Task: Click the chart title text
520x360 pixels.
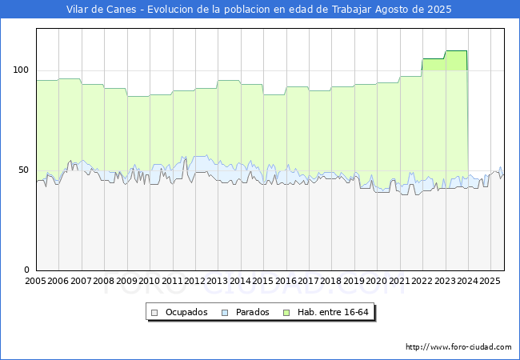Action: [259, 10]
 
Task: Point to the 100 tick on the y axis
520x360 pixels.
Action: [21, 70]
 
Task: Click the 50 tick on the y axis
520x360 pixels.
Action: [24, 170]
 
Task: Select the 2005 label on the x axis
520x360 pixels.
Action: [36, 282]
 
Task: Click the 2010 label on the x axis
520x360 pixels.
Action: [150, 282]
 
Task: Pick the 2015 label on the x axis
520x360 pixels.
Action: [263, 282]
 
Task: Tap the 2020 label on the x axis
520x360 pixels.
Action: [377, 282]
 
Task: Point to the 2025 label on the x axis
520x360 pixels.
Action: [490, 282]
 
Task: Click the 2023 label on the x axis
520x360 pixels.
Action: [445, 282]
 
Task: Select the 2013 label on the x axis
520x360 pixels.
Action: [218, 282]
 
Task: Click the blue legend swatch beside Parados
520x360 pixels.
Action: [226, 312]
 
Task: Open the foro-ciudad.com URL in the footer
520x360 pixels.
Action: [458, 347]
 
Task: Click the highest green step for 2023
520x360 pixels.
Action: [456, 51]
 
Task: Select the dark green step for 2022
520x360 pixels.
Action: [434, 59]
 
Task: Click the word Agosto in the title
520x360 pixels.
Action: [377, 10]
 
